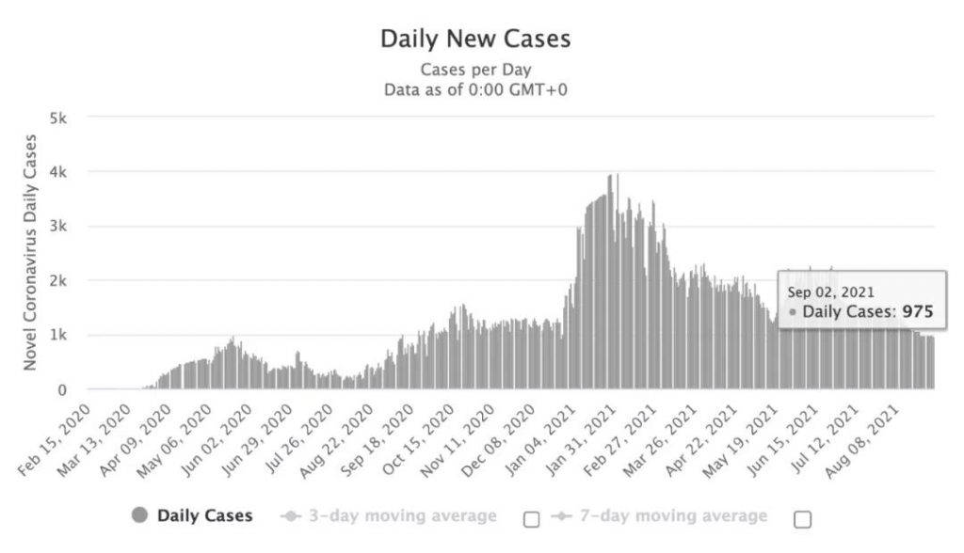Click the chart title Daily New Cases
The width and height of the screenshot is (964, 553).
[x=474, y=39]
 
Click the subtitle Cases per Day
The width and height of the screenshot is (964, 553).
[x=475, y=70]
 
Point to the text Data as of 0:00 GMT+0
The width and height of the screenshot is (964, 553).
[x=475, y=89]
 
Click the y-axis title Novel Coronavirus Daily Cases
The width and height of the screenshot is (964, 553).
[x=30, y=252]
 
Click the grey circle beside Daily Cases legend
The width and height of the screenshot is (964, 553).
[x=141, y=515]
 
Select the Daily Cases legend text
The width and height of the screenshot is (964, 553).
[x=204, y=515]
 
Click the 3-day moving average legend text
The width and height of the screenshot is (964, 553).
[x=402, y=515]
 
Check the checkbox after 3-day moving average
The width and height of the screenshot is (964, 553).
[x=531, y=518]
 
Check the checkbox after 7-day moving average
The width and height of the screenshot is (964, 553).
[x=802, y=518]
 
